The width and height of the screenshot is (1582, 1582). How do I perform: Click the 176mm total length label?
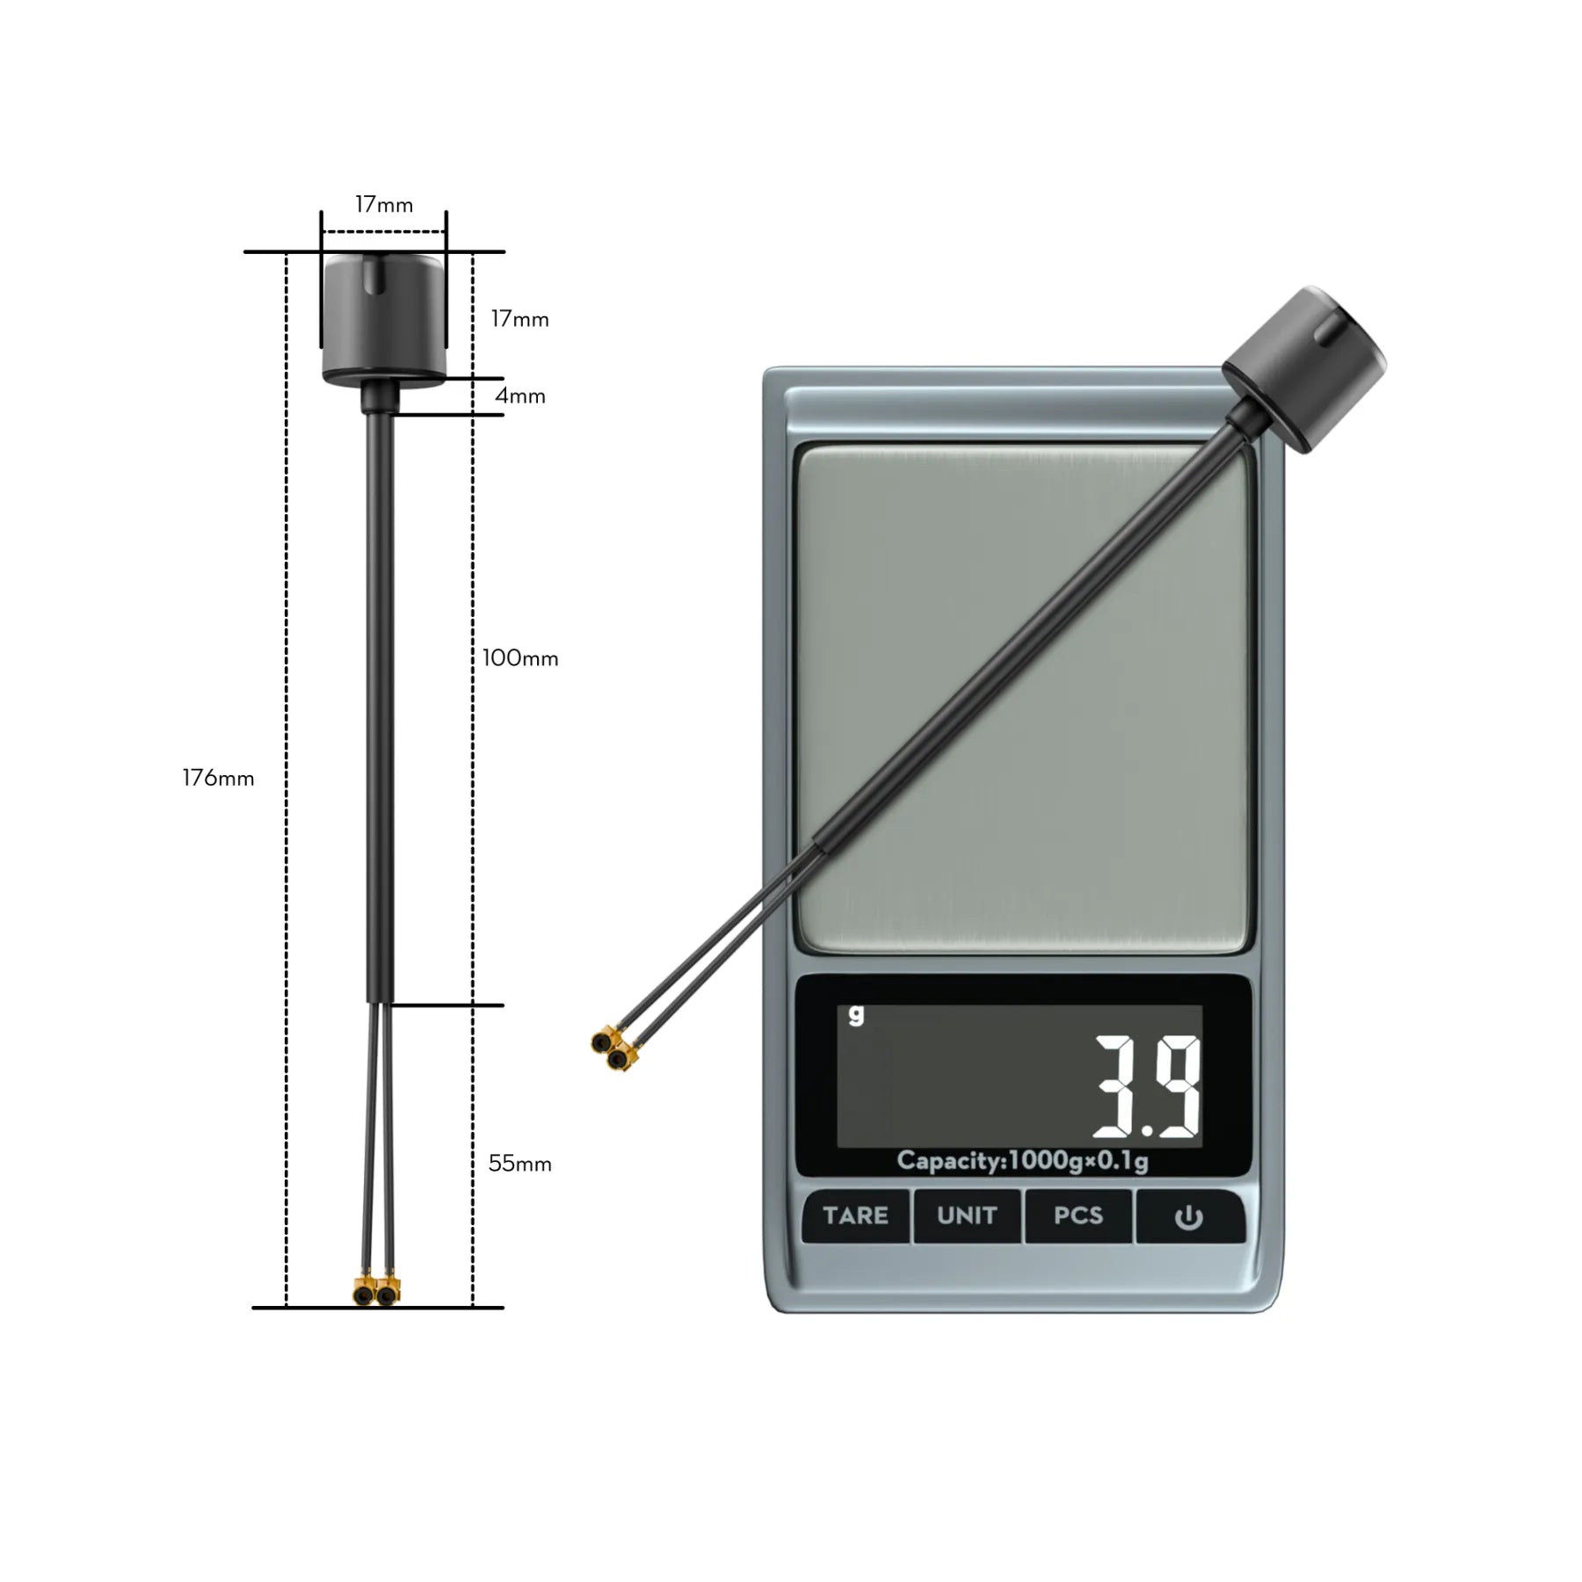(218, 778)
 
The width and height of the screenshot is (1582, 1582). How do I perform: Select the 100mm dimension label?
(520, 658)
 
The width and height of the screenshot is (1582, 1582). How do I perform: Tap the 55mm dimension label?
(520, 1164)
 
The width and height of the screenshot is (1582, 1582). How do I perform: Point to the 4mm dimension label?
(520, 396)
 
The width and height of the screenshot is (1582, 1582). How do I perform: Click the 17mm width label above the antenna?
(384, 205)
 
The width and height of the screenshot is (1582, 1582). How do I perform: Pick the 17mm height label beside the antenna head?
(520, 319)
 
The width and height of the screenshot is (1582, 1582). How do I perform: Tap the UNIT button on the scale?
(967, 1216)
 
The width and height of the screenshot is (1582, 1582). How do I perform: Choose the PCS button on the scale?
(1078, 1216)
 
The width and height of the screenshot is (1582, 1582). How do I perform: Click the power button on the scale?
(1188, 1217)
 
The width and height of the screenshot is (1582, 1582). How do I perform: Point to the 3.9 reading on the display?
(1147, 1086)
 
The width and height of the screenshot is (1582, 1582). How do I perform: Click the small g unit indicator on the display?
(856, 1014)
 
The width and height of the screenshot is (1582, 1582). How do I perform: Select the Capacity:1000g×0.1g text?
(1022, 1161)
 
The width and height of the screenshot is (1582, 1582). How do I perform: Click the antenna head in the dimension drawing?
(383, 320)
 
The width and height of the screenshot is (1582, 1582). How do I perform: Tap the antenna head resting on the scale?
(1303, 366)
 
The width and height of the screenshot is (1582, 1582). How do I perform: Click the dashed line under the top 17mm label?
(384, 233)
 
